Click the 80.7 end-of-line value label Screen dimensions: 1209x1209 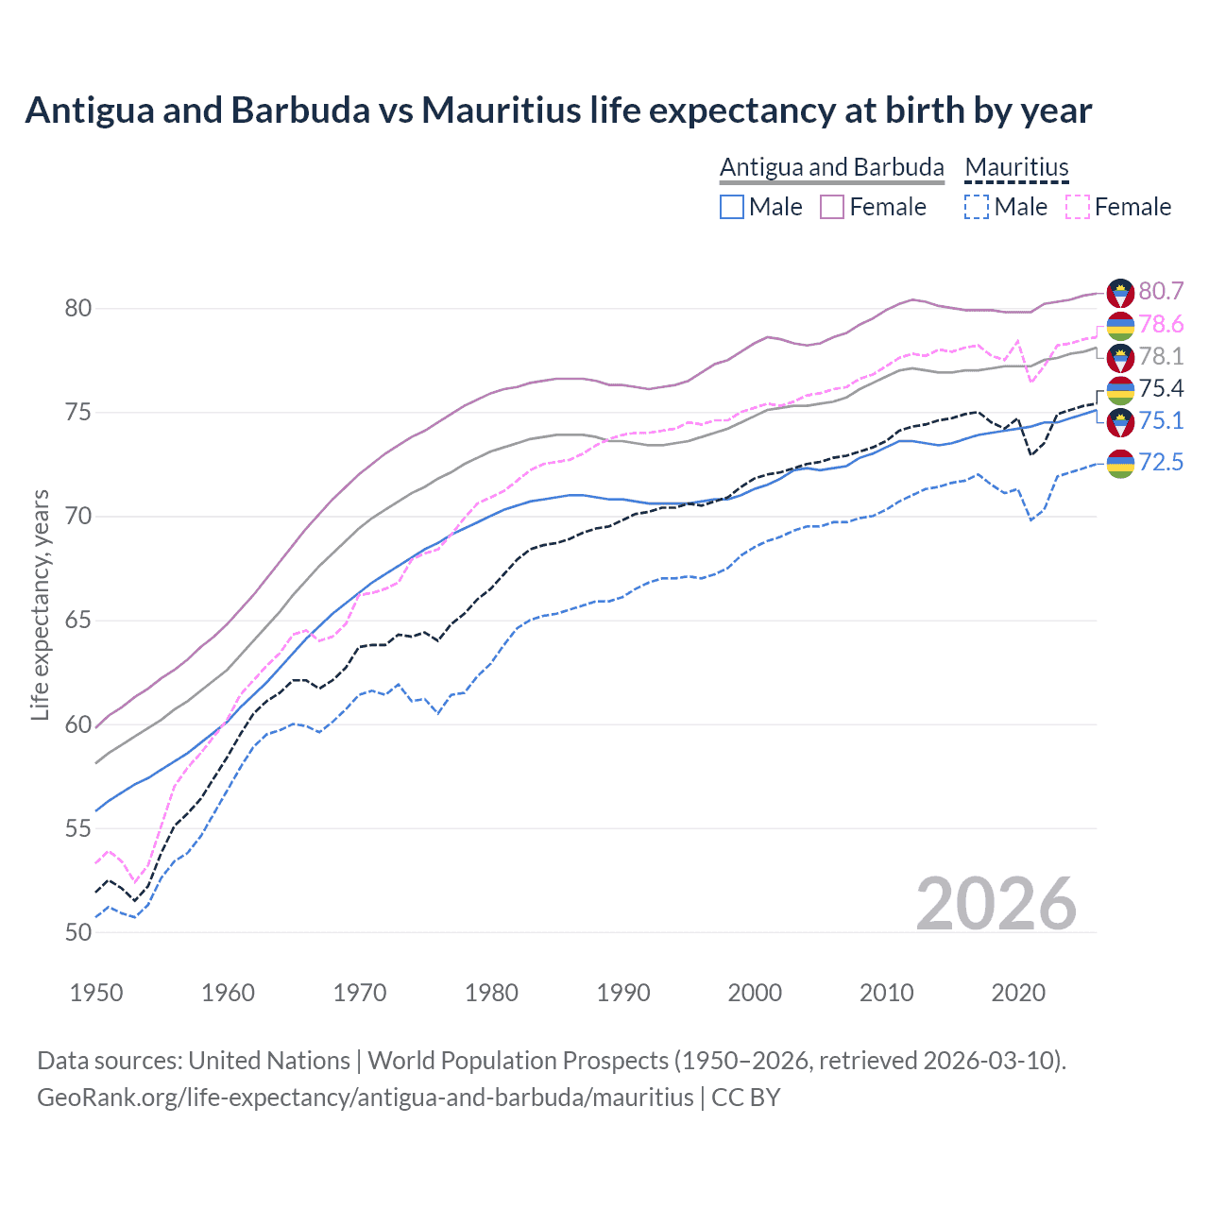1161,291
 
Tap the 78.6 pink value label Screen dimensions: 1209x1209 1161,324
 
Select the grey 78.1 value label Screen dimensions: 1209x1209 1161,356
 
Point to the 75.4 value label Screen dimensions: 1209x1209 1161,388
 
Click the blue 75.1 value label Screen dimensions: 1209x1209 1161,420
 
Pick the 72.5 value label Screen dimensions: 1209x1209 1161,462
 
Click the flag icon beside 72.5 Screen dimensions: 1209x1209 1120,463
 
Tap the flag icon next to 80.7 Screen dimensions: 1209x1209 1120,292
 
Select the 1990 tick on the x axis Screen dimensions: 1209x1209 623,993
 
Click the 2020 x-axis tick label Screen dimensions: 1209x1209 1018,993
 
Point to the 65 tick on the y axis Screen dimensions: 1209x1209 78,621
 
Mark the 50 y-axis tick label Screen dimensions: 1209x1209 78,932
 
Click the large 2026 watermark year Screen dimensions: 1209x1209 996,904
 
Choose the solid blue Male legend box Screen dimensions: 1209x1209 732,207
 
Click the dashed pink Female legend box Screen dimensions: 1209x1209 1078,207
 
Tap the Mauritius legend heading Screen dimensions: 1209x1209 1016,167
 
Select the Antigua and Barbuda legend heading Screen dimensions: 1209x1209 831,167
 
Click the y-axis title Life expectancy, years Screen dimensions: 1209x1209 40,604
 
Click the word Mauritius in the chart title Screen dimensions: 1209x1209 501,110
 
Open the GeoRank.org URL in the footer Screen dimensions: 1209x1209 365,1098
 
